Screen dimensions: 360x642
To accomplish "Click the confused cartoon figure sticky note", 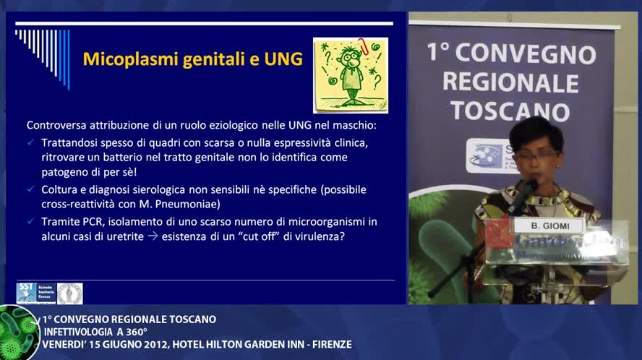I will [350, 75].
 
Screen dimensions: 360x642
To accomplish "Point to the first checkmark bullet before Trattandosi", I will [30, 143].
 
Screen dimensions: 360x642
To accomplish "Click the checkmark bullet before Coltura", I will [30, 189].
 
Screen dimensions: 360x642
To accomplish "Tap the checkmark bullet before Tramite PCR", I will [30, 221].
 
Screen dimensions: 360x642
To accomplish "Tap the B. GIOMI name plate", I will [547, 226].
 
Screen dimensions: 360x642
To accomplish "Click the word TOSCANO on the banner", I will [510, 111].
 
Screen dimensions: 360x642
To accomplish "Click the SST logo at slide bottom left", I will [36, 293].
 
